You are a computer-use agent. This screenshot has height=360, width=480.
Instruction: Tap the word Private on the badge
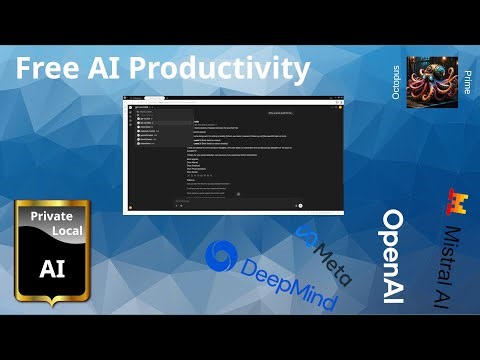(51, 215)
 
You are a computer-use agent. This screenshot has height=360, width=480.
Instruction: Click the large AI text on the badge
(51, 267)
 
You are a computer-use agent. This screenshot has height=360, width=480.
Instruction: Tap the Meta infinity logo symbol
(306, 236)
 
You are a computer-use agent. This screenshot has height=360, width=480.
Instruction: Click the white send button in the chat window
(299, 205)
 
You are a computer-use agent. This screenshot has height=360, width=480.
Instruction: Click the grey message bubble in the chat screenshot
(284, 113)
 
